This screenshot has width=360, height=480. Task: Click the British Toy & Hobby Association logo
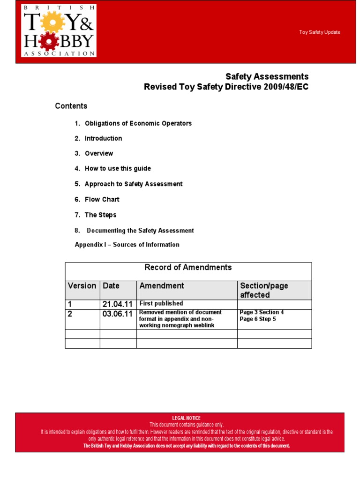click(59, 30)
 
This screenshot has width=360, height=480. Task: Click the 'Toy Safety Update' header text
click(320, 32)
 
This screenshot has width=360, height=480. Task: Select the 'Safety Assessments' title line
click(267, 76)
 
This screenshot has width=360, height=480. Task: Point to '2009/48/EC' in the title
click(285, 87)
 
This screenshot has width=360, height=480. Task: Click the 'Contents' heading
click(71, 106)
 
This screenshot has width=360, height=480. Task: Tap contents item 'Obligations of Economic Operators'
click(138, 123)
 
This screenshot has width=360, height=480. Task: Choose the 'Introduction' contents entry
click(103, 138)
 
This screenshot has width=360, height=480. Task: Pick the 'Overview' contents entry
click(98, 153)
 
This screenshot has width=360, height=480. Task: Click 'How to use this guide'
click(118, 168)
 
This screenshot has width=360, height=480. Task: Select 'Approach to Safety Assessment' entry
click(134, 184)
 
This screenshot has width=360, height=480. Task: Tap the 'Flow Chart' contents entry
click(102, 199)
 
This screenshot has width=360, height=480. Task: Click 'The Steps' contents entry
click(100, 215)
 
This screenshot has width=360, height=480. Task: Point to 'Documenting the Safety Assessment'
click(140, 231)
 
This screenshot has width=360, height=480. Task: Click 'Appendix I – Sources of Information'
click(127, 245)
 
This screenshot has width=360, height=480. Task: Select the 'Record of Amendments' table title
click(188, 267)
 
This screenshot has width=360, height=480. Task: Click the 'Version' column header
click(82, 285)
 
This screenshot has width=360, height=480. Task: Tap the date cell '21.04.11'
click(117, 304)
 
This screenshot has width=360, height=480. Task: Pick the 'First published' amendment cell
click(161, 303)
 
